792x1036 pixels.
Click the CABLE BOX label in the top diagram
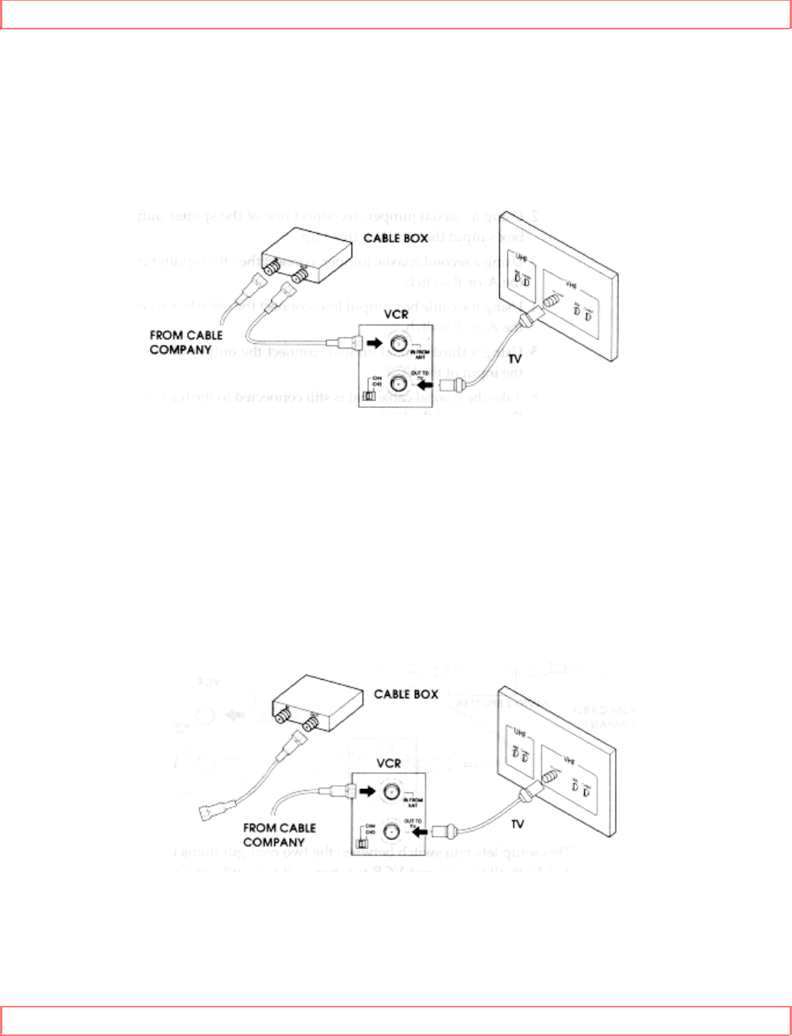(396, 238)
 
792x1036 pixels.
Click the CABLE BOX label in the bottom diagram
(406, 694)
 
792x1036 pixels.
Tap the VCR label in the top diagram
(396, 314)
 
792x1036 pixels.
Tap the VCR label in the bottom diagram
(389, 763)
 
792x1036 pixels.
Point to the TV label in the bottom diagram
(517, 824)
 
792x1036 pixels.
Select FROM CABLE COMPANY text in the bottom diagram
(279, 834)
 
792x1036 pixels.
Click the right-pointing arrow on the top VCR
(375, 343)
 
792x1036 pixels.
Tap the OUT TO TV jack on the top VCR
(399, 384)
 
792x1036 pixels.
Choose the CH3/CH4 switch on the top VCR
(371, 396)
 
